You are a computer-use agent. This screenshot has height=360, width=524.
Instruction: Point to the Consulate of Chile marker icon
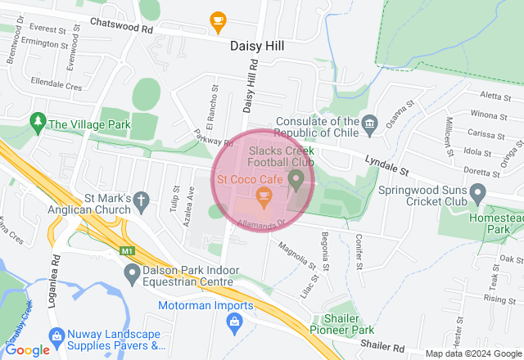(x=370, y=124)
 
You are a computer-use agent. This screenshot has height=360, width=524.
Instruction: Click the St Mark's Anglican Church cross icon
(x=141, y=200)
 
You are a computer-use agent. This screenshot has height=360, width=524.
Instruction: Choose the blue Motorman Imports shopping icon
(x=235, y=322)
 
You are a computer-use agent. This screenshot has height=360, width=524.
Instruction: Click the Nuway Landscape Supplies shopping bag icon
(x=56, y=335)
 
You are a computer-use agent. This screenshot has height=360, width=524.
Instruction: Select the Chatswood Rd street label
(x=122, y=27)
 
